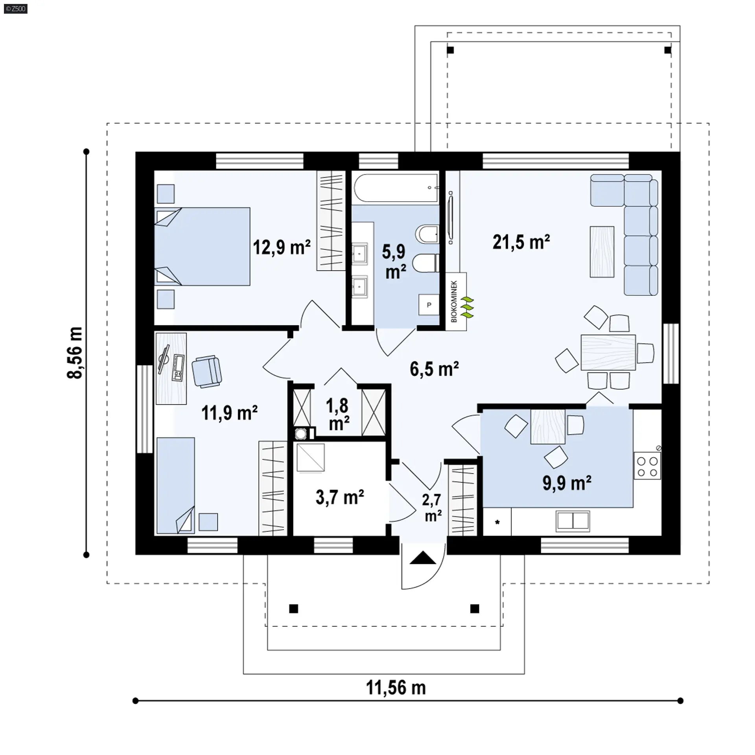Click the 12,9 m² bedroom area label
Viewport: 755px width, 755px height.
click(282, 248)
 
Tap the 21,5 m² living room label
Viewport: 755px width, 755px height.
click(521, 242)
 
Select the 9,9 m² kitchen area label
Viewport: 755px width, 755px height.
click(567, 483)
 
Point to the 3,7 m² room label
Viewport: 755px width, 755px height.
click(340, 497)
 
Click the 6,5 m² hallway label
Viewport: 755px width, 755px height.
click(434, 369)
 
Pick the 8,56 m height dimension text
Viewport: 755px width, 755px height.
click(75, 353)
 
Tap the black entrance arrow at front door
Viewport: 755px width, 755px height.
click(423, 558)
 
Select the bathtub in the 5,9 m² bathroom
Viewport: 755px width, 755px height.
click(396, 188)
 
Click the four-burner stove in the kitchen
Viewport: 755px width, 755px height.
click(647, 466)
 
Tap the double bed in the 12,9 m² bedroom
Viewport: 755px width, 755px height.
click(202, 247)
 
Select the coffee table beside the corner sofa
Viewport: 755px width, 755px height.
click(602, 252)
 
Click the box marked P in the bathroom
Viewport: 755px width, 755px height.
click(429, 305)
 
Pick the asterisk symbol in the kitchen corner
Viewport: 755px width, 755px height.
click(497, 523)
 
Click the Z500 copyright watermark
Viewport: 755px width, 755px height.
click(16, 8)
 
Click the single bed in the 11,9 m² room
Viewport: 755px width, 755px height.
click(175, 486)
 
